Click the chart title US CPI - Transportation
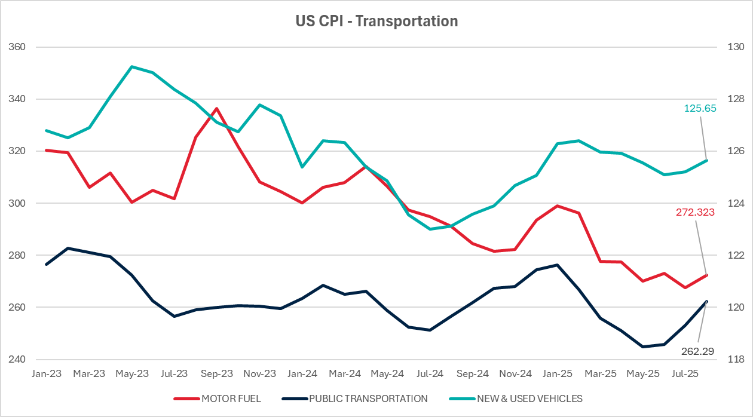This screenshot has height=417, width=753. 376,22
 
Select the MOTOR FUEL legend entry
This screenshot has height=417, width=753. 231,398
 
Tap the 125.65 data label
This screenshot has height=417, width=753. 700,109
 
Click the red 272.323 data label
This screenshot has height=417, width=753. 696,211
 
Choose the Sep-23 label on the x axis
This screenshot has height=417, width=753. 216,374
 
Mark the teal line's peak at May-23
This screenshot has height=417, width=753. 131,67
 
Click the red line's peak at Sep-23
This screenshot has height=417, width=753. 216,109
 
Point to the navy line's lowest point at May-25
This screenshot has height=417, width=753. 643,347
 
